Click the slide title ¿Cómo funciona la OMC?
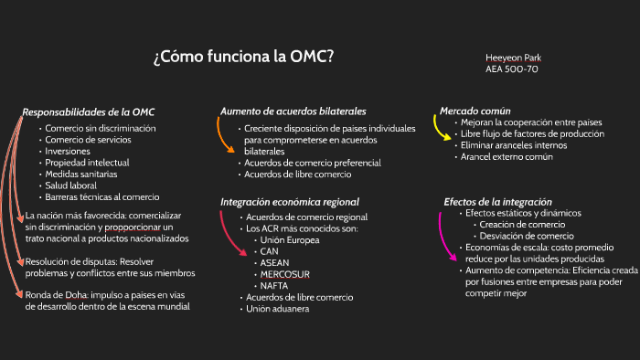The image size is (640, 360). click(x=243, y=58)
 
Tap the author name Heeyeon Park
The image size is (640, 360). click(x=515, y=58)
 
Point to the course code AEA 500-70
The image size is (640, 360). click(x=511, y=69)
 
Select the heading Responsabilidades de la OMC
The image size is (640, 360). click(x=89, y=111)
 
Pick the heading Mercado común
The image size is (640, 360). click(x=475, y=111)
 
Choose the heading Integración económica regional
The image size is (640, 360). click(x=290, y=201)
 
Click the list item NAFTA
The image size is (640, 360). click(x=275, y=285)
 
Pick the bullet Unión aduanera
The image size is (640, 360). click(x=277, y=308)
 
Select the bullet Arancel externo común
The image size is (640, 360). click(x=507, y=156)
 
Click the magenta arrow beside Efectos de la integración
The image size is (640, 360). click(x=444, y=235)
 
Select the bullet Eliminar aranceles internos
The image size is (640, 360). click(x=514, y=145)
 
